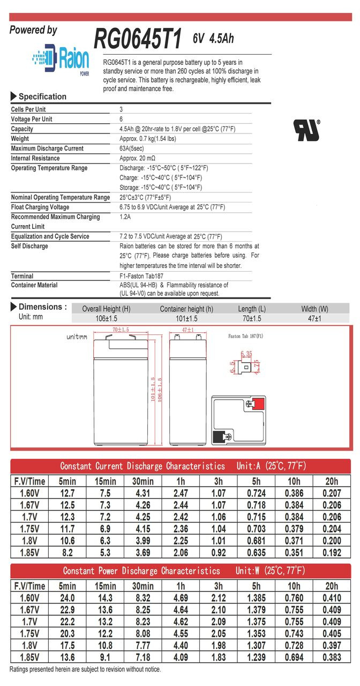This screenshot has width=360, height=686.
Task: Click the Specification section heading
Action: pos(42,97)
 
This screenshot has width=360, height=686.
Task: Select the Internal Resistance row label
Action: pos(35,159)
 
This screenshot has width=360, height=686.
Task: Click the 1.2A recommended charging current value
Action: pos(125,217)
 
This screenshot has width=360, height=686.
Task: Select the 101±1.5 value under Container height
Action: pos(186,319)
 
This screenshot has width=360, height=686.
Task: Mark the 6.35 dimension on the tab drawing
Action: pos(246,354)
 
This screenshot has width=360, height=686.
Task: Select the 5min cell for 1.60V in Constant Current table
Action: pos(67,493)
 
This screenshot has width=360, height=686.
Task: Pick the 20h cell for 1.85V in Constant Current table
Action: pos(332,551)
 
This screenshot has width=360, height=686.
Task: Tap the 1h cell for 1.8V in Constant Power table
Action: pos(181,645)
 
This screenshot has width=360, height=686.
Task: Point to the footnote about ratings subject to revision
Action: pos(85,669)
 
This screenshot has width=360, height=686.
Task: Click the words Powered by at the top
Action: pos(33,31)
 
